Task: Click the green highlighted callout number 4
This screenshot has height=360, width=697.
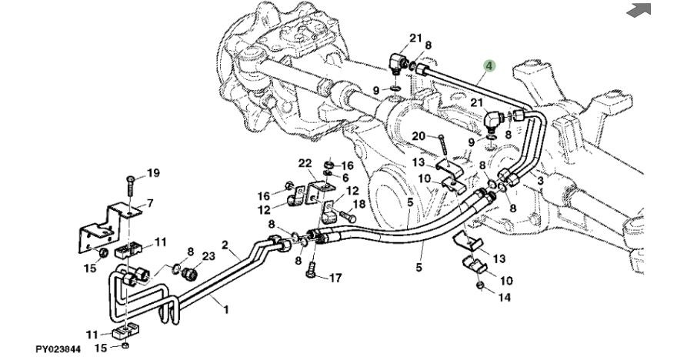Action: point(490,66)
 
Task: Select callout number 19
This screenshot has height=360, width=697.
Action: point(153,173)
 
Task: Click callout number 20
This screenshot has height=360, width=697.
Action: point(418,136)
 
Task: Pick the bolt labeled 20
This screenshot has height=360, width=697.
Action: point(443,144)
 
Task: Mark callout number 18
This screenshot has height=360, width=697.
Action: point(358,205)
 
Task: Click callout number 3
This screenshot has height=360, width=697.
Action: point(540,180)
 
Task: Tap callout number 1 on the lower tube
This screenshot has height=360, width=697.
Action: point(226,309)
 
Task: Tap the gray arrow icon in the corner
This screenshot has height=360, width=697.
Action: point(639,9)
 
